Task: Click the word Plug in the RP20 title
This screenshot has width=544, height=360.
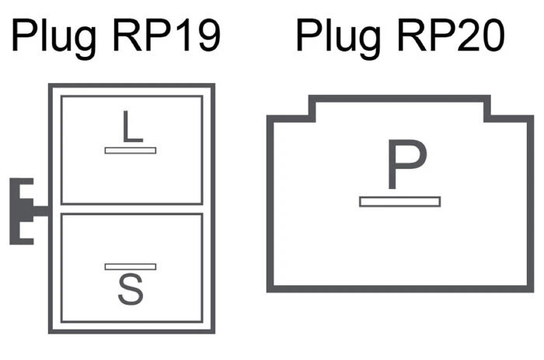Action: [x=335, y=37]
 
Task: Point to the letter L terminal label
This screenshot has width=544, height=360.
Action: [x=132, y=127]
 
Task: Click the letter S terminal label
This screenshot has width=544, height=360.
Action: [x=131, y=291]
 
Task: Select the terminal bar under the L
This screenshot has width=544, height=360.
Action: [x=131, y=149]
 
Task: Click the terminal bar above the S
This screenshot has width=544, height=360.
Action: [x=131, y=267]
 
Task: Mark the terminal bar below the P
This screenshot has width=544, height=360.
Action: [x=399, y=201]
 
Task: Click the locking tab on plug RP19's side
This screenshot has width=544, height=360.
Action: [x=26, y=211]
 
